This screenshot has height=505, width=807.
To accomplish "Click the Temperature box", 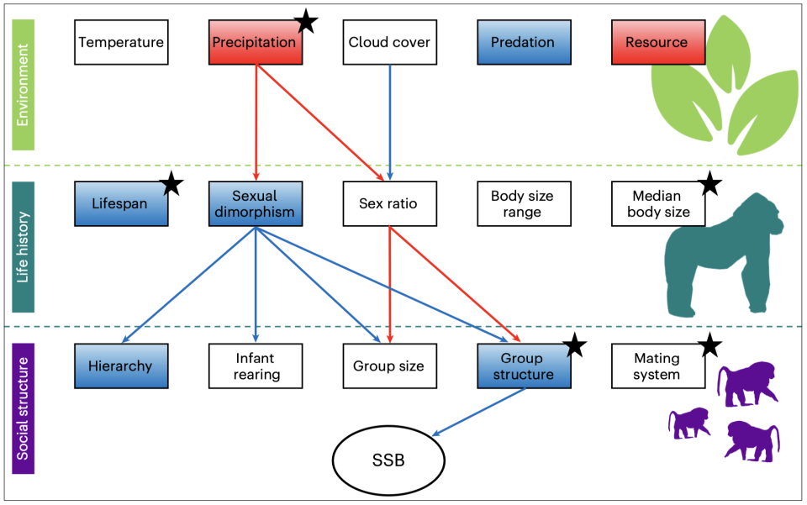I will pos(120,42).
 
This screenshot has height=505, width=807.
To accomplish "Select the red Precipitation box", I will pos(255,42).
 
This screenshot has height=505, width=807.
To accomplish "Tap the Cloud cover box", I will pos(389,42).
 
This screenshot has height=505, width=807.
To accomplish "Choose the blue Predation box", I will pos(523,42).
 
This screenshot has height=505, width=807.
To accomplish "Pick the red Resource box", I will pos(657,42).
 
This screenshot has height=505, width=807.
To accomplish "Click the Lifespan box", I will pos(120,203).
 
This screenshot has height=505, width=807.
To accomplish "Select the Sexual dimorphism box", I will pos(255,203).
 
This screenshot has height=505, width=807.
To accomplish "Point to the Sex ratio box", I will pos(389,203).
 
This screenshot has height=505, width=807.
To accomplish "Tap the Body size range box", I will pos(523,203).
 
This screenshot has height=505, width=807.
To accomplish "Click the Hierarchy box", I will pos(120,366).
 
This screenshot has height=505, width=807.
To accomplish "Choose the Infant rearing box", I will pos(255,366).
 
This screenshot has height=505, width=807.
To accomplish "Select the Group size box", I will pos(389,366).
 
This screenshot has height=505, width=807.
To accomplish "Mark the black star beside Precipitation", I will pos(306,23).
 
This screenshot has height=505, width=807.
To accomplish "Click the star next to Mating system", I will pos(710,344).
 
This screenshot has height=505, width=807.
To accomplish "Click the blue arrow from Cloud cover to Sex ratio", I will pos(390,118).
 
